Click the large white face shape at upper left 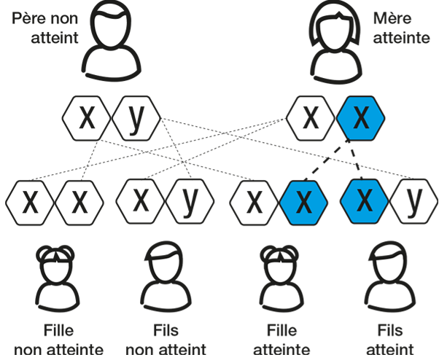111,30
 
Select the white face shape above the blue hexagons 335,33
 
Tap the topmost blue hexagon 360,117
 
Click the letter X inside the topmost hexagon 360,117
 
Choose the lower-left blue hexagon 303,203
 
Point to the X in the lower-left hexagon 303,203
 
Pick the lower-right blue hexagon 364,200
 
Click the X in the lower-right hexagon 364,200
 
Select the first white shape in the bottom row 56,271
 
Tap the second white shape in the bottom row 166,267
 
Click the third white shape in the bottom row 280,271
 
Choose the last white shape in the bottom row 389,267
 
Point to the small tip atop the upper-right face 338,18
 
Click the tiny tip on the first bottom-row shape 58,261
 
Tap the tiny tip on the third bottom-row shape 281,261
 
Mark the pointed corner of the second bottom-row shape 177,256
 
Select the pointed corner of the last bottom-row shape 401,256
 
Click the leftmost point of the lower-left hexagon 281,203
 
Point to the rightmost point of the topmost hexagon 384,117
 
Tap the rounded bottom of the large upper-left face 111,45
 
